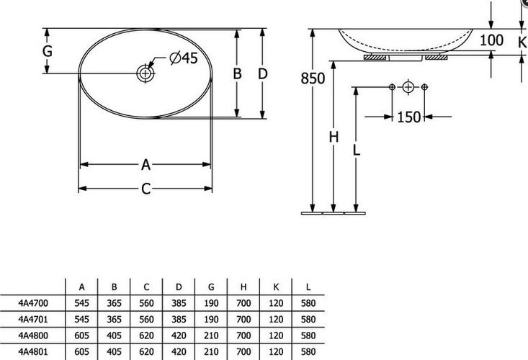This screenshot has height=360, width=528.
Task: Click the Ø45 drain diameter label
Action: (184, 58)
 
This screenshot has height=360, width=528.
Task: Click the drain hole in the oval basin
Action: (146, 73)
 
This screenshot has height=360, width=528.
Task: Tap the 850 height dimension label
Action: (313, 78)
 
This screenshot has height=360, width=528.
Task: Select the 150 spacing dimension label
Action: (409, 117)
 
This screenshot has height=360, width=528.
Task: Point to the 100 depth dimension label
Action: (491, 40)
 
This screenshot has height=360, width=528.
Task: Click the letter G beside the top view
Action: (47, 51)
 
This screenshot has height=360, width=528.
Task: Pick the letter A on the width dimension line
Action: (146, 165)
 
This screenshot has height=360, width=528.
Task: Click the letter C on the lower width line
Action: (146, 189)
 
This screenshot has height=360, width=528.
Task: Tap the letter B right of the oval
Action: (238, 73)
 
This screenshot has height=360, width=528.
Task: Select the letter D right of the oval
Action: (263, 73)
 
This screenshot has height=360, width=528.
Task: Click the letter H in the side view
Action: (334, 138)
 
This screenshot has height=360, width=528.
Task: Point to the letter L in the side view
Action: (357, 150)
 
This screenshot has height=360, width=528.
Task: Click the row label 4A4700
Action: (33, 303)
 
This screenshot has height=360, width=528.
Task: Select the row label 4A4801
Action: (33, 352)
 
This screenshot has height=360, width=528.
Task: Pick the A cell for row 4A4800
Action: (82, 336)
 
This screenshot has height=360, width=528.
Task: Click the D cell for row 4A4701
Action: (179, 319)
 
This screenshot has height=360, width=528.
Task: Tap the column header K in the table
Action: (276, 287)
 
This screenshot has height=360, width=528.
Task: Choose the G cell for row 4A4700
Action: (211, 303)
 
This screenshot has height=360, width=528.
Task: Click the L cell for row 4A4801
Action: (308, 352)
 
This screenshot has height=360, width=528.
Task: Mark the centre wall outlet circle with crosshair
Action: (408, 87)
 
